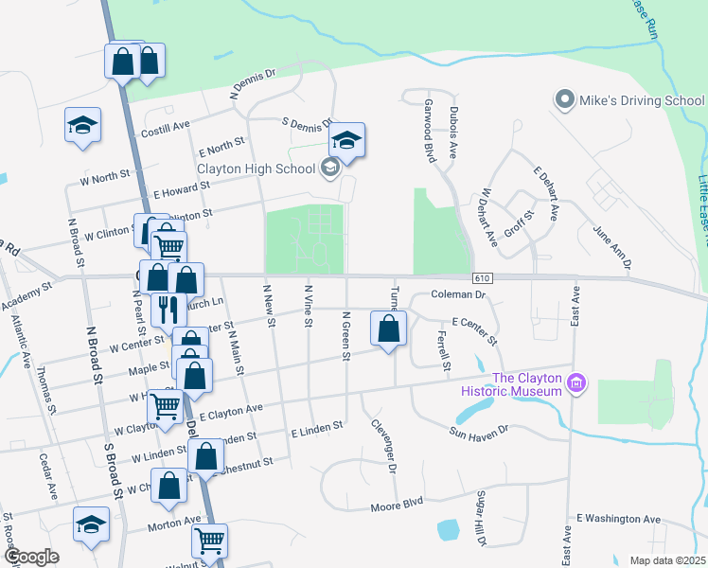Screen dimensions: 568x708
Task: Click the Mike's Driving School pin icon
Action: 565,100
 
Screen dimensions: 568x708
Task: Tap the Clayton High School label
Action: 256,169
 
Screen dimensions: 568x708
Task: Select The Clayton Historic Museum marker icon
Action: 576,383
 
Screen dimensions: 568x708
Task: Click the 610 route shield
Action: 483,276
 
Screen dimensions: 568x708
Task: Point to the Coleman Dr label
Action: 458,295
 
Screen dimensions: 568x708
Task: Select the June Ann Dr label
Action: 611,246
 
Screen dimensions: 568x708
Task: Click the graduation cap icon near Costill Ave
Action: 82,125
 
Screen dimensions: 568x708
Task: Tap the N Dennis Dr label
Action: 252,83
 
